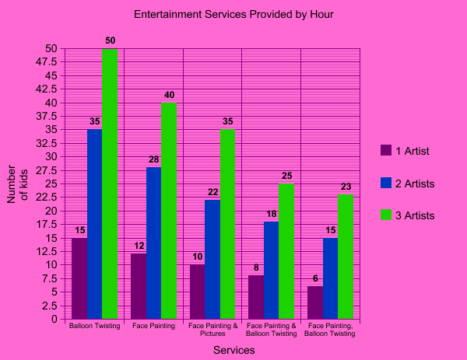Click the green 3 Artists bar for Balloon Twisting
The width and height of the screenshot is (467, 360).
(110, 183)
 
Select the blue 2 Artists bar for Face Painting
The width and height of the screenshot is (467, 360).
(153, 243)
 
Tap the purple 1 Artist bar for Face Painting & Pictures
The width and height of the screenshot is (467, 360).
(198, 292)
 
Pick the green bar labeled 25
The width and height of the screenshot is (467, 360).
(286, 251)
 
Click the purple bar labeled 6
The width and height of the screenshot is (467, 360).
(315, 302)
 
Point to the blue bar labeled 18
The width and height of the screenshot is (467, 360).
(272, 270)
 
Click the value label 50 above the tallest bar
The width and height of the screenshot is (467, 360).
(111, 40)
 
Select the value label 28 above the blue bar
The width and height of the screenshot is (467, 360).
(153, 159)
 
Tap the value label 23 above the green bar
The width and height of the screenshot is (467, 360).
(346, 187)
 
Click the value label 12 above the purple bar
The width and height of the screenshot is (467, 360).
(139, 246)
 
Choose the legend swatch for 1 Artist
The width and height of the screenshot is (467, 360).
(386, 150)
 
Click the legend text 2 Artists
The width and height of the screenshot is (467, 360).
(415, 183)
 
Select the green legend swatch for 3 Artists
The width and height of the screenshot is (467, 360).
(386, 215)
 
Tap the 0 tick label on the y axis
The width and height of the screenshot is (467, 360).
(54, 320)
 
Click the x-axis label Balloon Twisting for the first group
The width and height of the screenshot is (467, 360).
(95, 326)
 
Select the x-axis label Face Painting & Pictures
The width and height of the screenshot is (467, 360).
(213, 330)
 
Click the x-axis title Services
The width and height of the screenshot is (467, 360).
(234, 350)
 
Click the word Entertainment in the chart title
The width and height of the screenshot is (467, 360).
(168, 14)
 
